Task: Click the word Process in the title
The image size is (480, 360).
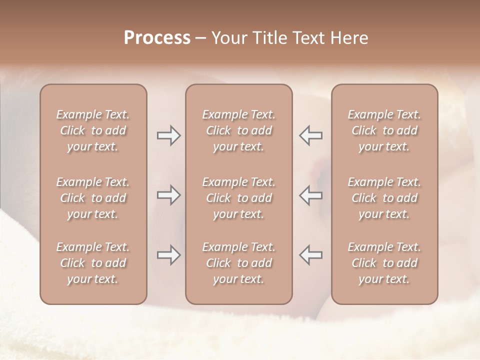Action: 157,38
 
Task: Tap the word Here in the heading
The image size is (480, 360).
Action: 350,38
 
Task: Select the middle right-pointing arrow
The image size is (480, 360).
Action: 168,195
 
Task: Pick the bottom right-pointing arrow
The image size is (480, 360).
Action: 168,255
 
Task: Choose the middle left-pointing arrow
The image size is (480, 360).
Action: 311,195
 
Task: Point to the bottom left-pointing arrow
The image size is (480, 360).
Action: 311,255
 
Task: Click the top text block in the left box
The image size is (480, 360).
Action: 93,130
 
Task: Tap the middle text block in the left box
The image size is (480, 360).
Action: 93,198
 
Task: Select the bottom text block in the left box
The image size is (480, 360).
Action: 93,263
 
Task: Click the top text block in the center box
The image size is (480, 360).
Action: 239,130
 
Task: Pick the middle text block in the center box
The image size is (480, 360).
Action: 239,198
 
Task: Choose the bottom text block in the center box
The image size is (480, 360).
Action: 239,263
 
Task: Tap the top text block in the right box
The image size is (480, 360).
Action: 384,130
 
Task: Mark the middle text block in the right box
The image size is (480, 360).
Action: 384,198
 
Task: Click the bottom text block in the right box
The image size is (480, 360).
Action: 384,263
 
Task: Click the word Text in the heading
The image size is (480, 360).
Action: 308,38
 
